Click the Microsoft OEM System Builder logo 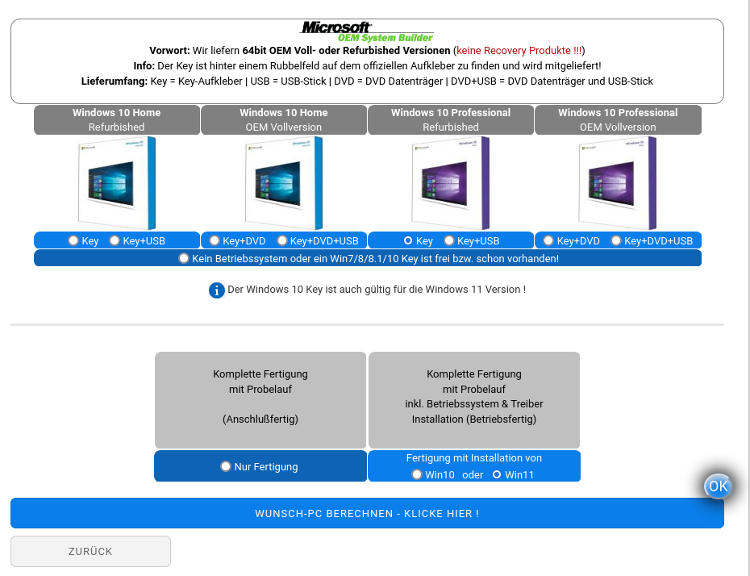(x=367, y=31)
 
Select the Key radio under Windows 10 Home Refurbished (x=73, y=240)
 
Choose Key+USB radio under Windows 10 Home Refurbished (x=115, y=240)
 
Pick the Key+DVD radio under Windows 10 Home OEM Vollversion (x=215, y=240)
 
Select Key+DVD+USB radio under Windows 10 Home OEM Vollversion (x=281, y=240)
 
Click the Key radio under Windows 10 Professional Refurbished (x=407, y=240)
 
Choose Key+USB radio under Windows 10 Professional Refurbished (x=448, y=240)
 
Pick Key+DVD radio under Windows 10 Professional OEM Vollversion (x=548, y=240)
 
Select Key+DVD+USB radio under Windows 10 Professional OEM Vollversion (x=616, y=240)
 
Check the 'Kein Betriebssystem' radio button (x=184, y=258)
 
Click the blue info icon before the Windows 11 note (x=217, y=290)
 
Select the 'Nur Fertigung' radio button (x=226, y=466)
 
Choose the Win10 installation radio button (x=417, y=474)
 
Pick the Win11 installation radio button (x=497, y=474)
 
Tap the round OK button (x=718, y=486)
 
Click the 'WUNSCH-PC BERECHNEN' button (x=368, y=513)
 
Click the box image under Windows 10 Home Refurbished (x=117, y=183)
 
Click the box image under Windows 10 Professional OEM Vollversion (x=618, y=183)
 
